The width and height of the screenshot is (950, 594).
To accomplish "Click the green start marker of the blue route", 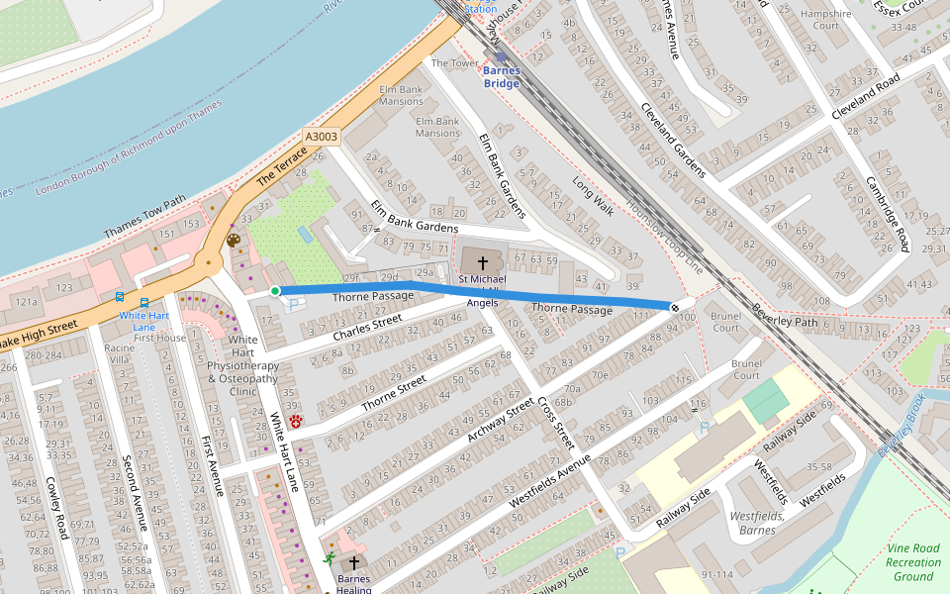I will [275, 290].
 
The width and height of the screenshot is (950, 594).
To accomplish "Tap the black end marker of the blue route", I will [675, 307].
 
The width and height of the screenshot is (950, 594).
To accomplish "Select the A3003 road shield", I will [322, 138].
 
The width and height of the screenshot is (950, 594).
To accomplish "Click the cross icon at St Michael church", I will [482, 263].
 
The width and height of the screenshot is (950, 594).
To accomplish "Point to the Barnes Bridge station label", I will [501, 77].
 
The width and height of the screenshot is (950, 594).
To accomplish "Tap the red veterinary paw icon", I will [295, 422].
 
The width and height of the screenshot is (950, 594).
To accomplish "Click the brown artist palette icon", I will [234, 241].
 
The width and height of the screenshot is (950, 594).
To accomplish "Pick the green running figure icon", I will [329, 559].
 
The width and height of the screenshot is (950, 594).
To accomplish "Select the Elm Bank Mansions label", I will [401, 96].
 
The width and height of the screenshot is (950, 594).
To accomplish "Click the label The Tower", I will [454, 63].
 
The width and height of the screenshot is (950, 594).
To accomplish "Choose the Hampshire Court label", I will [825, 20].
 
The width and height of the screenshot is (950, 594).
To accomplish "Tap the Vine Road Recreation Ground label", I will [912, 561].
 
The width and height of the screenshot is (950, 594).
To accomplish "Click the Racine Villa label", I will [120, 354].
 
